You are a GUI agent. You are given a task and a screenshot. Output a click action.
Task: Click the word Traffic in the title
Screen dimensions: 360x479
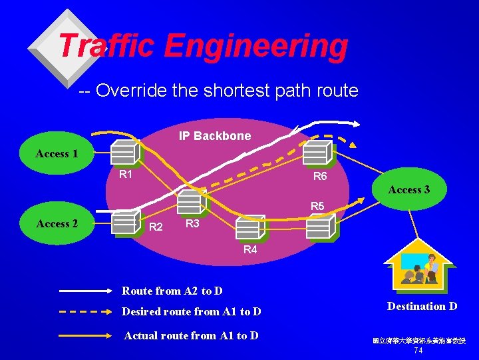click(x=106, y=46)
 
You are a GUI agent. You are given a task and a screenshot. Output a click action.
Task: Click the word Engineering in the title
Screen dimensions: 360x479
click(x=255, y=47)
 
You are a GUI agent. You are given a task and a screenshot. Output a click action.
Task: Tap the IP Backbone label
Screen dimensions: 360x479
click(x=215, y=136)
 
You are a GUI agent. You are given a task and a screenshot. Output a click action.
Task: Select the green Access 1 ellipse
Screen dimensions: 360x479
click(x=57, y=154)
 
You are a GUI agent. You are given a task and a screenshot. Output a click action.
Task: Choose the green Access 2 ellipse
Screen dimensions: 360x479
click(x=57, y=223)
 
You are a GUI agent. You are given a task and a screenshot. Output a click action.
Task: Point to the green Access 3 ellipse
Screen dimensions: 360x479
click(x=409, y=190)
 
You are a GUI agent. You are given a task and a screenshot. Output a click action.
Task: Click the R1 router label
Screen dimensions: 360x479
click(x=125, y=175)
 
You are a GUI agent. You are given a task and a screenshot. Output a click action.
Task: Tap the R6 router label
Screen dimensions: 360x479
click(x=320, y=177)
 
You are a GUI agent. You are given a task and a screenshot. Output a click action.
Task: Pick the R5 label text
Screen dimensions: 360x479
click(x=317, y=207)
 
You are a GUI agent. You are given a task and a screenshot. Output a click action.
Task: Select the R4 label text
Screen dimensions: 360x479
click(x=250, y=250)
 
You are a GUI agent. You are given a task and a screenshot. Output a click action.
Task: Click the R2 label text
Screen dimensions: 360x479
click(x=156, y=227)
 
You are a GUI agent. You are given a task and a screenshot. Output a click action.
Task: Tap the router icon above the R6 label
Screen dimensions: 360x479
click(x=317, y=153)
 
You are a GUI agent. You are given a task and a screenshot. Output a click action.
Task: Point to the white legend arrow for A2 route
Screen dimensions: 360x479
click(x=86, y=291)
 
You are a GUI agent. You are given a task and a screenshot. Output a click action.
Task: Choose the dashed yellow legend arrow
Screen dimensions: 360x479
click(x=86, y=311)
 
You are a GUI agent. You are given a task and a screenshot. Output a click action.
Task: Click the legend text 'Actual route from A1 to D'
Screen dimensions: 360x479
click(x=191, y=335)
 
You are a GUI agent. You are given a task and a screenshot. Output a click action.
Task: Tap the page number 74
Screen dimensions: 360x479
click(x=418, y=351)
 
